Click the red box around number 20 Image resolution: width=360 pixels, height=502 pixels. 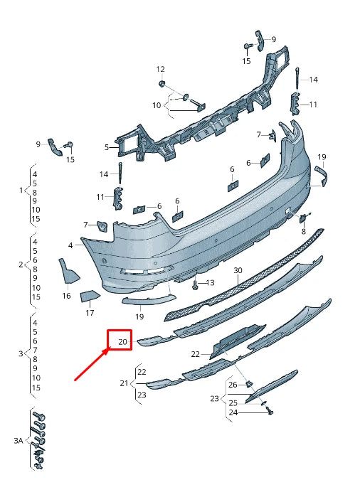pos(120,341)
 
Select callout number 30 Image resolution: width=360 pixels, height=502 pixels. pos(238,270)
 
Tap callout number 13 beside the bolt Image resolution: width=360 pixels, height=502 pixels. pos(210,282)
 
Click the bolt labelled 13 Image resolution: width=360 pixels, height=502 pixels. pos(194,284)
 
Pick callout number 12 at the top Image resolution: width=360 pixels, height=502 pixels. pos(160,69)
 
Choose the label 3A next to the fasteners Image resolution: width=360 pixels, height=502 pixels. pos(18,441)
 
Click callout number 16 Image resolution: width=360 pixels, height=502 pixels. pos(66,296)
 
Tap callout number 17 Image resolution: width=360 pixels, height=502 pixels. pos(90,312)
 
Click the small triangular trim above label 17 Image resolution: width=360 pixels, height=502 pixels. pos(89,296)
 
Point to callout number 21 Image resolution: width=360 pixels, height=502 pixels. pos(123,383)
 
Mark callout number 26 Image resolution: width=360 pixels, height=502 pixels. pos(233,385)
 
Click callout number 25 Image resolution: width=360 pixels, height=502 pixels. pos(233,403)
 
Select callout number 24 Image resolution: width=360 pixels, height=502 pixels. pos(233,412)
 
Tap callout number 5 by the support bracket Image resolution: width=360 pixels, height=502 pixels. pos(107,147)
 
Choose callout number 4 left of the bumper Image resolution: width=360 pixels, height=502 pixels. pos(70,245)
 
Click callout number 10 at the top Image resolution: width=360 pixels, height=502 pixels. pos(157,105)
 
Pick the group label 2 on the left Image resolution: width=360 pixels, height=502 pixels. pos(21,265)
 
